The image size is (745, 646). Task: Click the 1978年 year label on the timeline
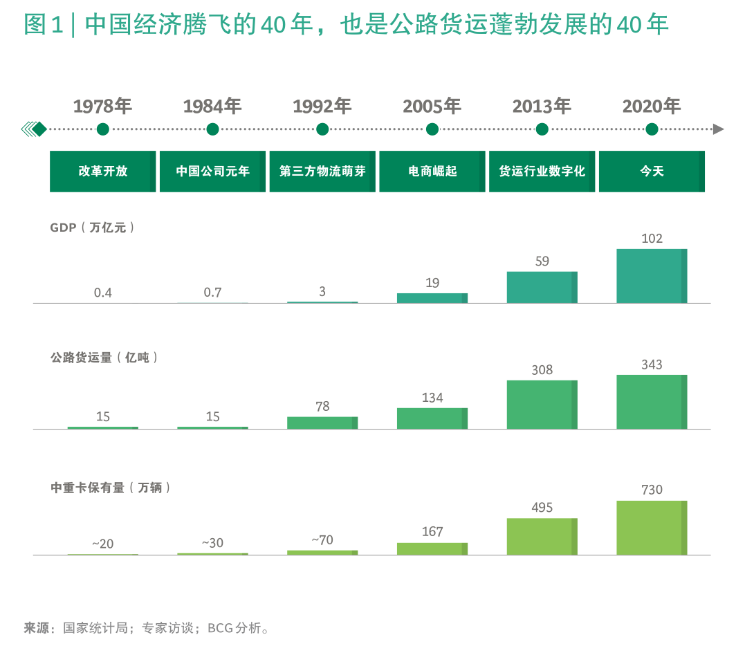point(102,107)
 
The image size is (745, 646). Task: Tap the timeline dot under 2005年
point(432,129)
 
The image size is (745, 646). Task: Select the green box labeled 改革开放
point(102,172)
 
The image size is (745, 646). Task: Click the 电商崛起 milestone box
point(432,172)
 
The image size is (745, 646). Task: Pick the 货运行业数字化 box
point(542,172)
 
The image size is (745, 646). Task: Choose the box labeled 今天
point(652,172)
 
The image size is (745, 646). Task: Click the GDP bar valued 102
point(652,276)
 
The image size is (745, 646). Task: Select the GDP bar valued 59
point(542,287)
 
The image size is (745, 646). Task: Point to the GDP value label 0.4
point(102,293)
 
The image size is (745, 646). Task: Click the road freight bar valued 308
point(542,405)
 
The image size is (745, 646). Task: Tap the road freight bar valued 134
point(432,418)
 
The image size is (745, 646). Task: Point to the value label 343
point(652,364)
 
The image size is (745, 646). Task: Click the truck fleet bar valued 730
point(652,528)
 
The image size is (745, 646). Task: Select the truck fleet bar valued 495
point(542,537)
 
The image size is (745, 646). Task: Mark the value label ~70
point(322,539)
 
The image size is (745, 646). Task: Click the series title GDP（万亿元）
point(92,228)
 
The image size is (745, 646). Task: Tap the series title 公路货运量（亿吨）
point(104,358)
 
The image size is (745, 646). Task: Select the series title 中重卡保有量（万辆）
point(110,488)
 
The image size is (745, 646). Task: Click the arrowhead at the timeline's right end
point(718,129)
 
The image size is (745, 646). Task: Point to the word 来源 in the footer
point(36,628)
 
